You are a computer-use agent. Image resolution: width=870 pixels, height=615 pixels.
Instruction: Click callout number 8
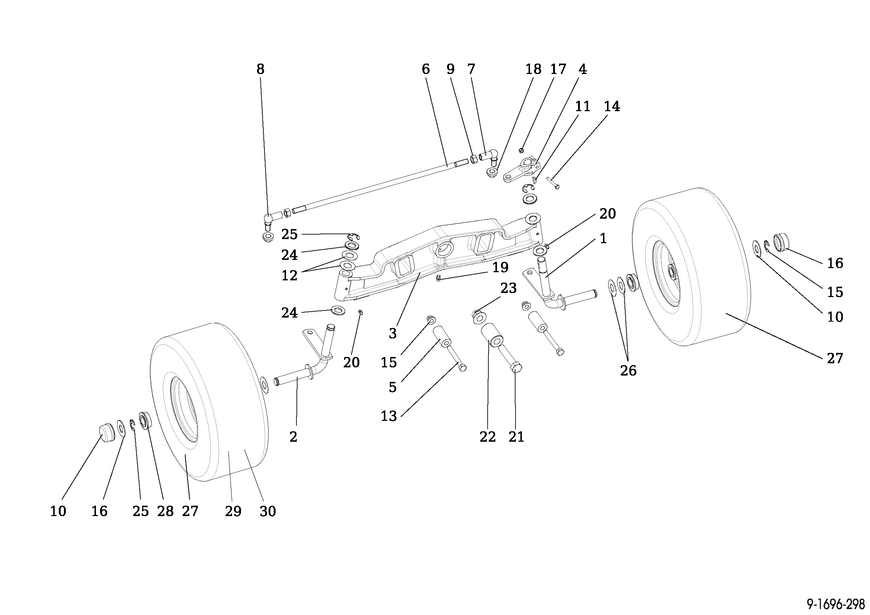pos(260,69)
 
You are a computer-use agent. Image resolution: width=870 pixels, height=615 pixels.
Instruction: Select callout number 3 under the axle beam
pos(392,333)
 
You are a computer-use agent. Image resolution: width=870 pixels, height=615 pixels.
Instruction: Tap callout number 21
pos(516,437)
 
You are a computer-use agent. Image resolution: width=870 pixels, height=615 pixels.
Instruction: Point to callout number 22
pos(487,437)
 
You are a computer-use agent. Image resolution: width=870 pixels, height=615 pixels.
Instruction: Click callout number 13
pos(388,416)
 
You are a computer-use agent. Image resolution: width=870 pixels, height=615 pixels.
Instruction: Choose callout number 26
pos(628,370)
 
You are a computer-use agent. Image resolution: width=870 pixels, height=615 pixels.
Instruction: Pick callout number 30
pos(267,511)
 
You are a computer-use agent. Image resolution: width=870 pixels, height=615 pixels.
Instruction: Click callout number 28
pos(165,511)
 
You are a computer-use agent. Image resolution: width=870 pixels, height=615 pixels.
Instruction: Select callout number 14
pos(612,106)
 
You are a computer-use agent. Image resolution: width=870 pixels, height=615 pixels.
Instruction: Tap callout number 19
pos(500,267)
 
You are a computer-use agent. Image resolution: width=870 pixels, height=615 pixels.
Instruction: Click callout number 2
pos(293,437)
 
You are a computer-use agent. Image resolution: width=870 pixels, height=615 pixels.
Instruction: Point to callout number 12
pos(289,275)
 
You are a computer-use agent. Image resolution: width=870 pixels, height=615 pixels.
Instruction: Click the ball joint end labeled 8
pos(268,219)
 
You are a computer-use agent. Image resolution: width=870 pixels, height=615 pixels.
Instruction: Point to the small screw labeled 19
pos(439,279)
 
